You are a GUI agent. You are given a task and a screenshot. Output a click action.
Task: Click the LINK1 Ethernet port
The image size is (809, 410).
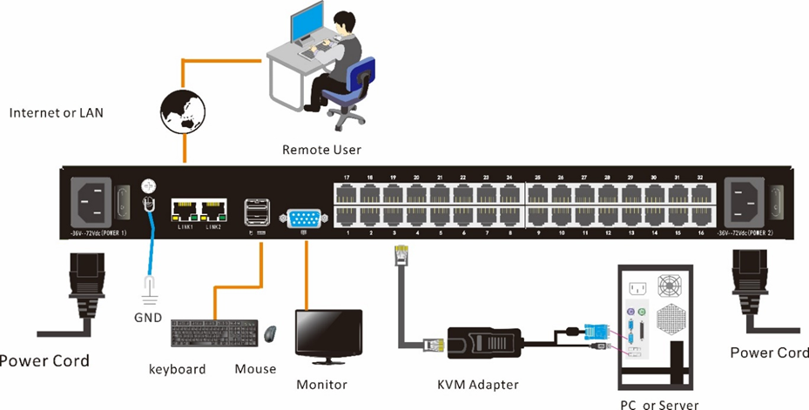pos(185,211)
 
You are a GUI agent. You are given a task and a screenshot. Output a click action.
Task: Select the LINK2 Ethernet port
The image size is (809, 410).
pos(211,211)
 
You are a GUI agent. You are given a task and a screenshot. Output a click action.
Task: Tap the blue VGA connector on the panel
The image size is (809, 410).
pos(304,218)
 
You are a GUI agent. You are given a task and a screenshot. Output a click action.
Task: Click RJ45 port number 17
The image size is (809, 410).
pos(347,192)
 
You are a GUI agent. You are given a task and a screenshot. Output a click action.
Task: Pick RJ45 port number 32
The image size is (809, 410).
pos(700,192)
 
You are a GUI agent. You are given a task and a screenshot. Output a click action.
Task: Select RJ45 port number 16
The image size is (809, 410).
pos(700,218)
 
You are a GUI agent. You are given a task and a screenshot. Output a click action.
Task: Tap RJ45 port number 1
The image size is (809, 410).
pos(347,218)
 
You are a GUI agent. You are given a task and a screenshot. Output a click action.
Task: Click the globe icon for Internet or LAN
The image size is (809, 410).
pos(183,112)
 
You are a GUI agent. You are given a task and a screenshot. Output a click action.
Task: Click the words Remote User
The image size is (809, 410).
pos(321,150)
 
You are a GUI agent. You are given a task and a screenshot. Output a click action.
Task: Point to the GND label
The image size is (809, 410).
pos(148,318)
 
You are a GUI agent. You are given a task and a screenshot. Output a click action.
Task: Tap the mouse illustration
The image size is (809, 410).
pos(271,333)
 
